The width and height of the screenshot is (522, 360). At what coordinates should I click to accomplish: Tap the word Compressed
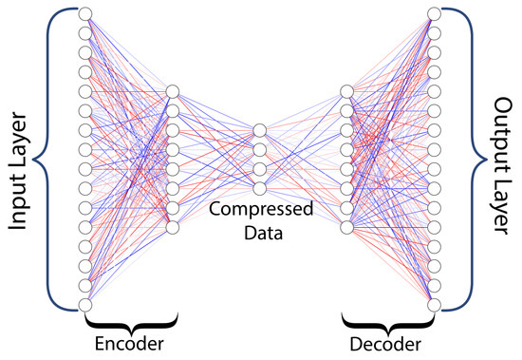pos(257,208)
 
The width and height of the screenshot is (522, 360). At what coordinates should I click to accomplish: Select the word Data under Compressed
pos(258,230)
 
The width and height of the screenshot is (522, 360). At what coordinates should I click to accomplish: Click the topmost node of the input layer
pos(84,13)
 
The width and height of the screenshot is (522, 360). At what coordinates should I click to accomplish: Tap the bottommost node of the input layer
pos(84,305)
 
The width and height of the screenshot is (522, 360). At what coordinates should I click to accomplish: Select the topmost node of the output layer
pos(435,13)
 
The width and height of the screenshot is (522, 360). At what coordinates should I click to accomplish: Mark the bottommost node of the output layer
pos(435,305)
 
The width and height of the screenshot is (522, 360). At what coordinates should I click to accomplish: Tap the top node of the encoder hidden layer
pos(172,91)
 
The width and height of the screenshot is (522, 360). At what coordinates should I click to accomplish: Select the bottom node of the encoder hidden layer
pos(172,227)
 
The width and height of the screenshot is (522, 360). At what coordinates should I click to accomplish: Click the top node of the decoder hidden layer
pos(347,91)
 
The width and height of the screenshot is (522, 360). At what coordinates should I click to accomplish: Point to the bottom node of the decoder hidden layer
pos(347,227)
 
